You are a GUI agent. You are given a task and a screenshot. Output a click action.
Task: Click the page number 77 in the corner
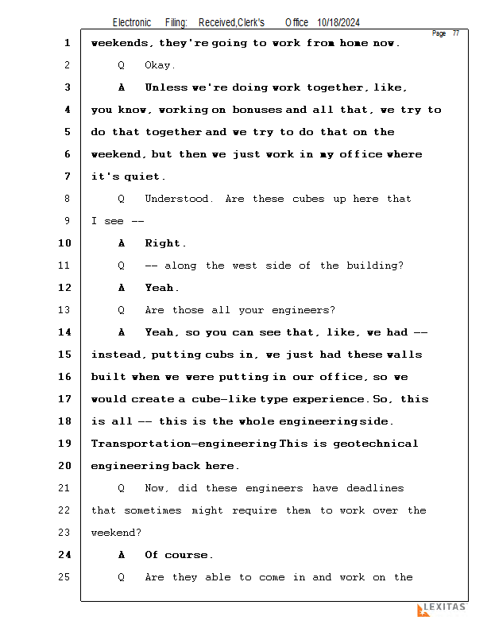pyautogui.click(x=456, y=33)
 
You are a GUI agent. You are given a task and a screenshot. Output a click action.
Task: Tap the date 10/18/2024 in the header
pyautogui.click(x=343, y=22)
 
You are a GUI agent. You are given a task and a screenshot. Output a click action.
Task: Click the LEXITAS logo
pyautogui.click(x=441, y=609)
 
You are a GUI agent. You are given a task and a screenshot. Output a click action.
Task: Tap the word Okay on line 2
pyautogui.click(x=160, y=65)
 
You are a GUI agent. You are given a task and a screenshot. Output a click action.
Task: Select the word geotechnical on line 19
pyautogui.click(x=378, y=444)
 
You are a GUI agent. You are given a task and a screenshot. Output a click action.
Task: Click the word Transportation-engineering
pyautogui.click(x=184, y=444)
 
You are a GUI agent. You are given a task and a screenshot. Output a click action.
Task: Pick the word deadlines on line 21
pyautogui.click(x=375, y=488)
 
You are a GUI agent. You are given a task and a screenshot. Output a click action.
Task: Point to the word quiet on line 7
pyautogui.click(x=142, y=176)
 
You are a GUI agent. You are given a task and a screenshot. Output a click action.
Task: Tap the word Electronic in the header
pyautogui.click(x=132, y=22)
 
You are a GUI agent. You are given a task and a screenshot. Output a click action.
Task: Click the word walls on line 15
pyautogui.click(x=406, y=355)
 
